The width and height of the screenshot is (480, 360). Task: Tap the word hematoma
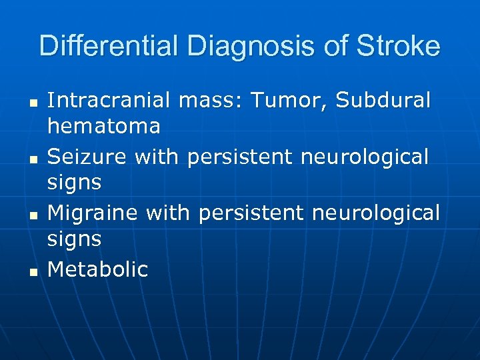[x=104, y=125]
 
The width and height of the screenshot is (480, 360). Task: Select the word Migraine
[x=93, y=213]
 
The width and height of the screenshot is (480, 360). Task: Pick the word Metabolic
[x=98, y=269]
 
